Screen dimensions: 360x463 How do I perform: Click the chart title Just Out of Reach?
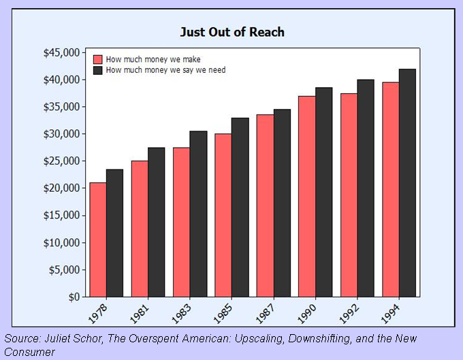coord(232,32)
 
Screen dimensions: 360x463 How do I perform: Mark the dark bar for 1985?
coord(240,207)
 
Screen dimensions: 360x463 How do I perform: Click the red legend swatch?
coord(97,59)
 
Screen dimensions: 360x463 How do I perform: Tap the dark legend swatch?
coord(97,69)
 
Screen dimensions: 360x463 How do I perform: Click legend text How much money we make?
coord(153,59)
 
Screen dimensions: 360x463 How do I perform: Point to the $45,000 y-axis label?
coord(60,53)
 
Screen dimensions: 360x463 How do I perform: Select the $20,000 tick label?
coord(60,189)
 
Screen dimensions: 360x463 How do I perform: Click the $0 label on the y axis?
coord(70,297)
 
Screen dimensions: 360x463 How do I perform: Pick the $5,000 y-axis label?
coord(63,270)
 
